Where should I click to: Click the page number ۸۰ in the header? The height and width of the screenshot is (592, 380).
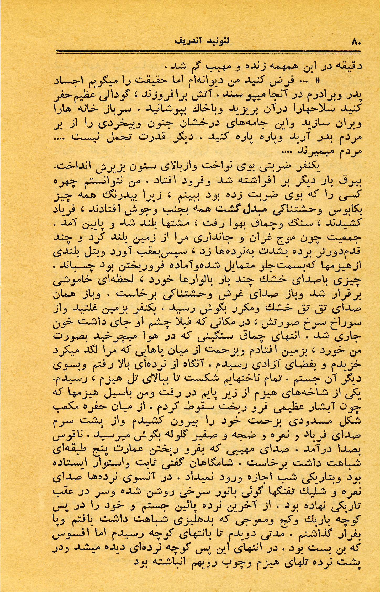tap(356, 42)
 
